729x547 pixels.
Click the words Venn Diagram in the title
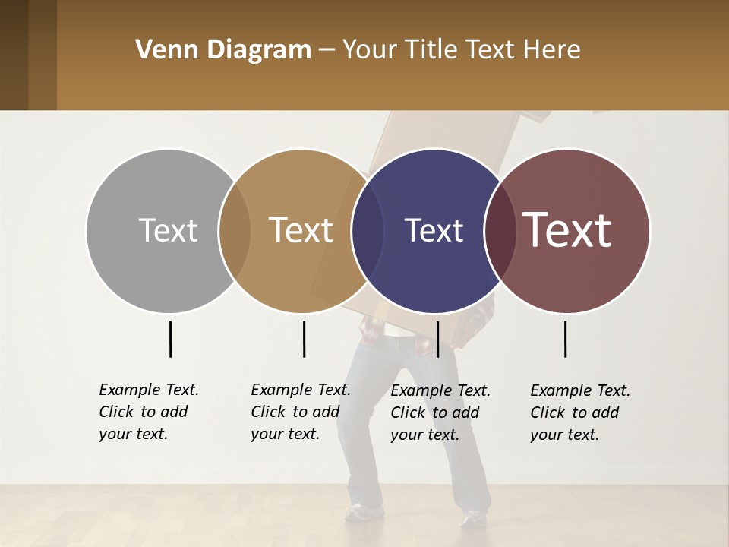pos(223,50)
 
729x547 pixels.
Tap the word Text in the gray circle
pos(168,230)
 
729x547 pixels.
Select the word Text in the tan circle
pos(301,230)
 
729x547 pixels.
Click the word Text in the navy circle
pos(434,230)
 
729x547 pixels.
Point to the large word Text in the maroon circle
pos(567,230)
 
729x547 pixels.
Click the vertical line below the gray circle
pos(170,339)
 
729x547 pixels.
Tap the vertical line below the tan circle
pos(304,339)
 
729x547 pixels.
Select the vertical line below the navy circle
pos(437,339)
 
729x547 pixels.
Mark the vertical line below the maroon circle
pos(565,339)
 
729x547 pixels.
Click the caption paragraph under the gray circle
pos(148,412)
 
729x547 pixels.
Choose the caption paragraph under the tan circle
pos(300,412)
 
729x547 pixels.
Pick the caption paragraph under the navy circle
pos(440,413)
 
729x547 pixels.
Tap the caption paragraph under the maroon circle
pos(579,413)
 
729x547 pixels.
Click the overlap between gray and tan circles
pos(235,230)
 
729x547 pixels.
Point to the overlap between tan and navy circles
pos(368,230)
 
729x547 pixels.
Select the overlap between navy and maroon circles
pos(500,230)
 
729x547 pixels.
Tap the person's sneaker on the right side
pos(472,518)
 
